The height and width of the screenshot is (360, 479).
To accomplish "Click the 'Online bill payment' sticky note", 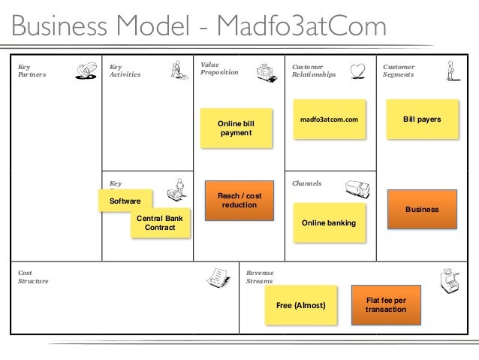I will (236, 128).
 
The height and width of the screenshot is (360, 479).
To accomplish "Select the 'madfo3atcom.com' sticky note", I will (329, 119).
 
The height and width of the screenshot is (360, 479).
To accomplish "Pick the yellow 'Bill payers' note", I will (422, 119).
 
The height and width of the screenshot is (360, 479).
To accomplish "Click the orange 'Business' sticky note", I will (422, 209).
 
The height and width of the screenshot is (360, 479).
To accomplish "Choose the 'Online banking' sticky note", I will (328, 223).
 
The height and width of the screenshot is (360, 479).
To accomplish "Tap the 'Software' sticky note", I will (125, 201).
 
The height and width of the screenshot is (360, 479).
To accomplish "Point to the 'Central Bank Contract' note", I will (160, 223).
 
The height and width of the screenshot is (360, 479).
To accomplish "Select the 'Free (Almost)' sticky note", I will (301, 305).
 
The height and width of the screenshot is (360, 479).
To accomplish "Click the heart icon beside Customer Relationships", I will (360, 70).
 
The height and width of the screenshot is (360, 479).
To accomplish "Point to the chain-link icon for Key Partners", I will (86, 70).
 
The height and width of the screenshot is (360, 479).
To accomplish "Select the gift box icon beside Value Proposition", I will (266, 72).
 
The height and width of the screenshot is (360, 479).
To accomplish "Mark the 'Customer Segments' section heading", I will (399, 71).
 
